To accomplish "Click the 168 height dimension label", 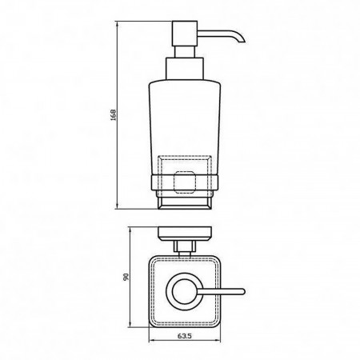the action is (x=114, y=114).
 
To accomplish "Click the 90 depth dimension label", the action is (x=126, y=277).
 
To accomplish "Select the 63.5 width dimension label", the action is (x=185, y=336).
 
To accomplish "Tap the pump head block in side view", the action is (x=185, y=34).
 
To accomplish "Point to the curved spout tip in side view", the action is (x=242, y=41).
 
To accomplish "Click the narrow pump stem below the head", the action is (x=185, y=52).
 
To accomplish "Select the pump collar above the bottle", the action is (x=185, y=68).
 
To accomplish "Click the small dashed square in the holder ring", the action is (x=185, y=182).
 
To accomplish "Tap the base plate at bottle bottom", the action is (x=185, y=204).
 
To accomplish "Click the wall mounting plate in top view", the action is (x=185, y=234).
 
